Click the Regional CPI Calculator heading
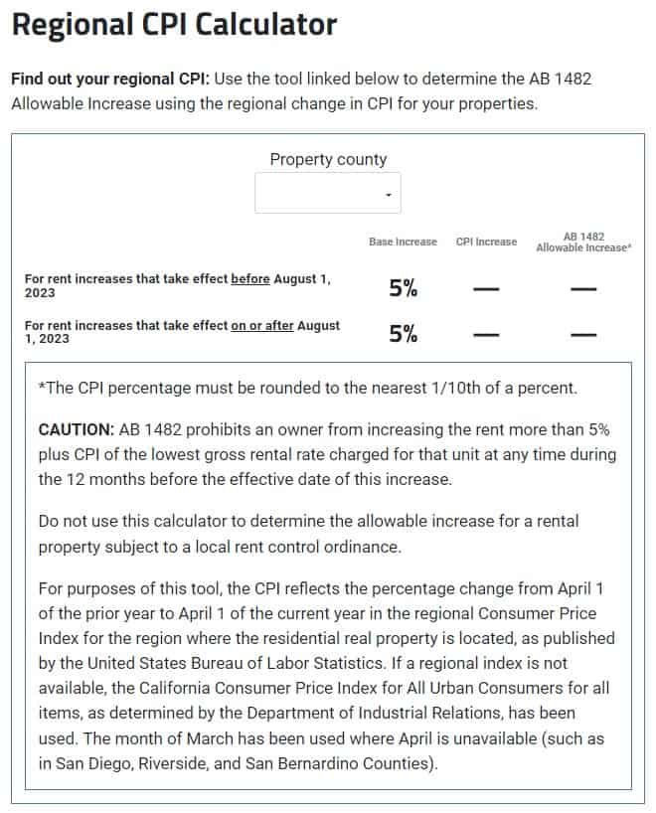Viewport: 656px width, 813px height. click(174, 25)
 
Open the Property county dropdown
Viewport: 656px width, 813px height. click(328, 194)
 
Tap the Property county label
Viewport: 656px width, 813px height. click(328, 159)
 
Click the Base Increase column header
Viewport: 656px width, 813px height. click(403, 242)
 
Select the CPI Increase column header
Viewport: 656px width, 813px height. click(486, 242)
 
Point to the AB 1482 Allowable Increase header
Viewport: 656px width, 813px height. click(583, 242)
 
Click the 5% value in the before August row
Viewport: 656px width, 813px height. click(403, 288)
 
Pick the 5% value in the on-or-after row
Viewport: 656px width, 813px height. click(403, 334)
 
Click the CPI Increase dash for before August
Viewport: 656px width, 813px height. click(486, 288)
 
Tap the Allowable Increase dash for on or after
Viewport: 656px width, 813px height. click(583, 334)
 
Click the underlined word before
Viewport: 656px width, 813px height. click(250, 279)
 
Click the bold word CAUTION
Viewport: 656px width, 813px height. click(76, 429)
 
